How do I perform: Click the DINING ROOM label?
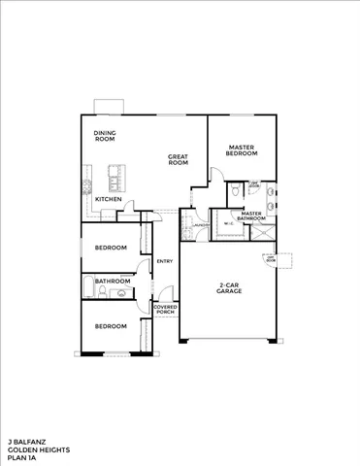(x=104, y=136)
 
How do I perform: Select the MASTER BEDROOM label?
(x=242, y=150)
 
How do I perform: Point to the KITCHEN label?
(x=108, y=199)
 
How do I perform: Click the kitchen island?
(x=115, y=179)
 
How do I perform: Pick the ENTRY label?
(x=164, y=259)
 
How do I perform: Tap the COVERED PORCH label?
(x=165, y=311)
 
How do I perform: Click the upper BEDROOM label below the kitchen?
(x=111, y=248)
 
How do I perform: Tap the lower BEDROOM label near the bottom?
(x=111, y=325)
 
